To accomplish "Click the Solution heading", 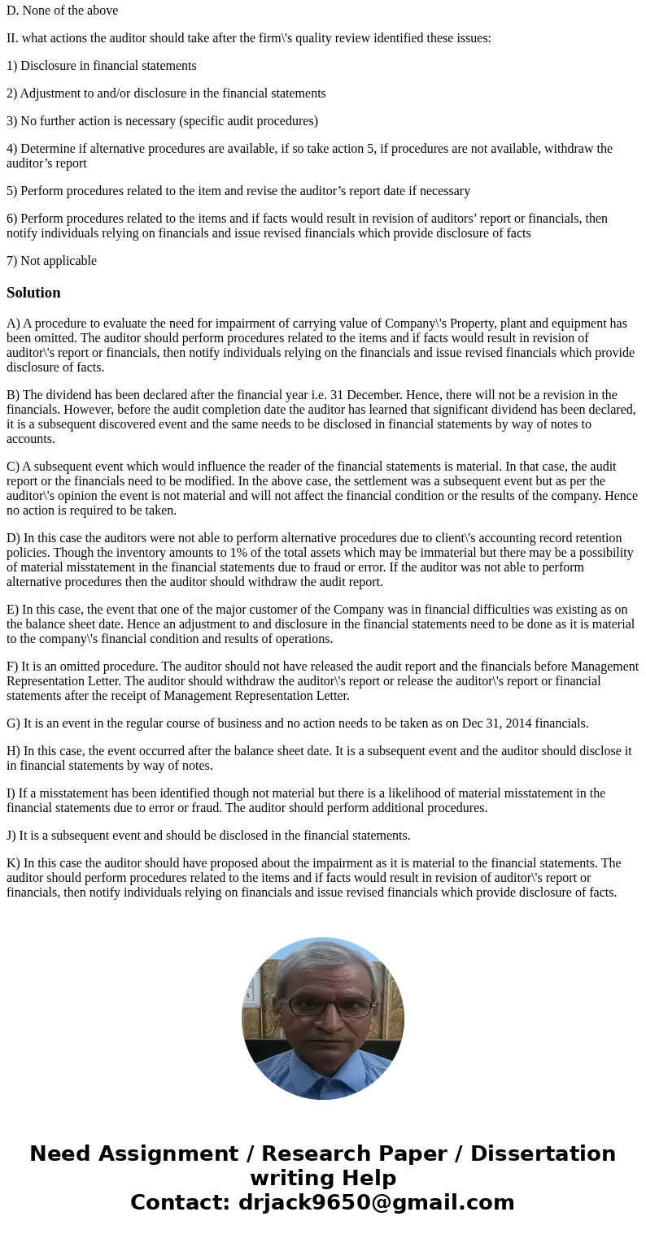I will coord(33,293).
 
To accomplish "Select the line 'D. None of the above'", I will coord(62,11).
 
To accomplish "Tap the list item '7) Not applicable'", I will coord(51,261).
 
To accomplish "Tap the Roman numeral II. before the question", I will coord(12,38).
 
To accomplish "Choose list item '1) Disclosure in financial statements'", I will coord(101,66).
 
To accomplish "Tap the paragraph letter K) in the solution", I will coord(13,863).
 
